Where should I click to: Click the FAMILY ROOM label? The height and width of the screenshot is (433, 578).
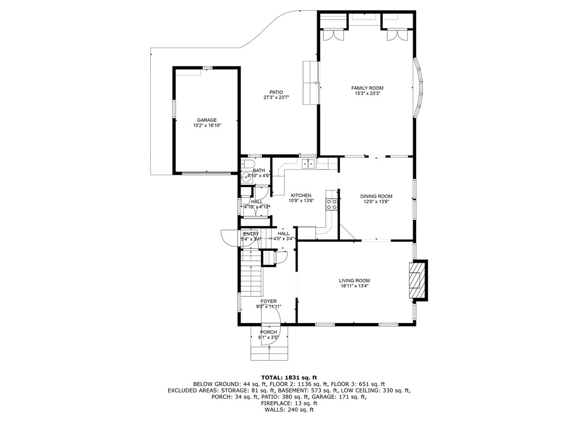click(x=367, y=88)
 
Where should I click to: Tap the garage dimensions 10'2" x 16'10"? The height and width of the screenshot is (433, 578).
click(x=207, y=126)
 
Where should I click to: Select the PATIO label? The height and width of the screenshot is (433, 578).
click(x=276, y=92)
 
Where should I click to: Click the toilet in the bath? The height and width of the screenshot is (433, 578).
click(x=247, y=165)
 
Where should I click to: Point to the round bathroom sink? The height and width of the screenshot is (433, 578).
click(x=244, y=176)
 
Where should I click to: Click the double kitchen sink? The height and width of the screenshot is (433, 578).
click(x=308, y=164)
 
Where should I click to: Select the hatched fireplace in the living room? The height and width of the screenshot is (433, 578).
click(x=415, y=280)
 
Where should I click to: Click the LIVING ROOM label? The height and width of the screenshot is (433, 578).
click(x=354, y=280)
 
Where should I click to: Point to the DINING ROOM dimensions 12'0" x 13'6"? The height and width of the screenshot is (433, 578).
click(x=376, y=201)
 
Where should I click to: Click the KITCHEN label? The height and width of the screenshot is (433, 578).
click(x=300, y=196)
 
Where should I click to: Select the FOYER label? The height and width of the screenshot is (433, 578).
click(x=269, y=301)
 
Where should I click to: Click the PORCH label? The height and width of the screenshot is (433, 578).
click(x=269, y=332)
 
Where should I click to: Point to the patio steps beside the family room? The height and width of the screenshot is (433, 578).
click(x=310, y=82)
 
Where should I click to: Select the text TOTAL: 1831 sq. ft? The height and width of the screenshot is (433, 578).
click(x=289, y=377)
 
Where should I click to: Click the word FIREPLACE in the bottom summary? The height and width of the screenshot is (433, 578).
click(x=275, y=403)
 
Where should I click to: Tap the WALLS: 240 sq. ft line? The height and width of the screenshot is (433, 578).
click(x=289, y=410)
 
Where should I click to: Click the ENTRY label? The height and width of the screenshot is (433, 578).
click(x=251, y=233)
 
